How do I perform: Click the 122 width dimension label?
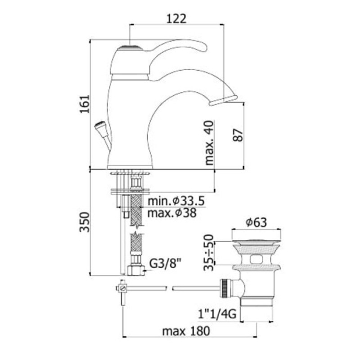click(176, 19)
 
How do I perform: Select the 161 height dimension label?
click(85, 104)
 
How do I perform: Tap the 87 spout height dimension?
click(238, 135)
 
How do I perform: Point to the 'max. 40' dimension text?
click(209, 143)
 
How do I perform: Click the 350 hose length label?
click(85, 222)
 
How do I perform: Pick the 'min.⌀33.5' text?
click(176, 201)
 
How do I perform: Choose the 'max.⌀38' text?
click(172, 213)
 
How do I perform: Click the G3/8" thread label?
click(164, 264)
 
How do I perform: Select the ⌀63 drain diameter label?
click(256, 222)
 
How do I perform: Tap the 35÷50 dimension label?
click(209, 252)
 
